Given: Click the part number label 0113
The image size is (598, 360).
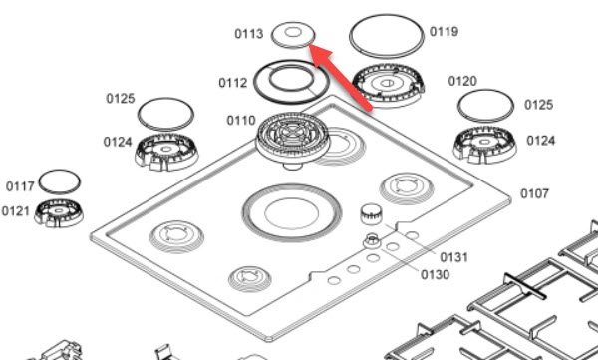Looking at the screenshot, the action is (248, 34).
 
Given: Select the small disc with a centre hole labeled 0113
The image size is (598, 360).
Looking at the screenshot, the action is (293, 35).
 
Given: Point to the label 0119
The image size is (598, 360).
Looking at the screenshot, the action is (444, 32).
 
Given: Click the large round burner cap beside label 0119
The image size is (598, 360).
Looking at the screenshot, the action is (387, 36).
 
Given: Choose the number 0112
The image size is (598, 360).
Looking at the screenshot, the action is (233, 83).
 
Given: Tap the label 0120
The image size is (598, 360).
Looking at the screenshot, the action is (462, 82).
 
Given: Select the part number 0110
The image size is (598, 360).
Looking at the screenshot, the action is (241, 121).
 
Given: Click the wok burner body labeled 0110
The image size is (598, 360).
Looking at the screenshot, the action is (292, 140).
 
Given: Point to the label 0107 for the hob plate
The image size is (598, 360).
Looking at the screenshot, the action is (534, 193).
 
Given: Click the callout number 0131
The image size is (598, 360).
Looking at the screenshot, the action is (453, 257).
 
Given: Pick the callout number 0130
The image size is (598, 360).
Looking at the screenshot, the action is (436, 275).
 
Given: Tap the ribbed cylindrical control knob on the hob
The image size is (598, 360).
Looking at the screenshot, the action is (371, 213).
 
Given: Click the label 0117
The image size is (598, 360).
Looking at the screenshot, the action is (20, 186).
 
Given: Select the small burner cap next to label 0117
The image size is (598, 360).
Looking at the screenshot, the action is (60, 181).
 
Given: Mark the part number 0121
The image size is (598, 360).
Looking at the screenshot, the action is (16, 211).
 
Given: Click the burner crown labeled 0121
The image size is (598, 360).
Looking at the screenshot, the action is (59, 213).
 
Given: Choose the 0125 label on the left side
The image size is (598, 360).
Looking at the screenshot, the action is (121, 99).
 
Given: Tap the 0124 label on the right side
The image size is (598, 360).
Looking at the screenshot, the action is (541, 141).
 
